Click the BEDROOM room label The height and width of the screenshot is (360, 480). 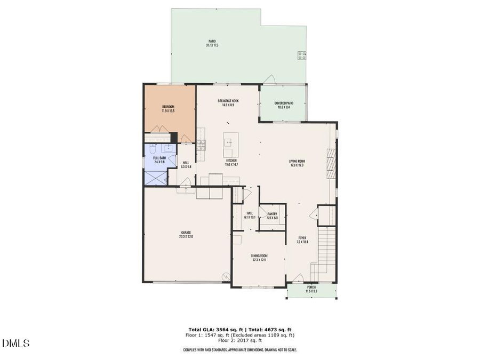[168, 107]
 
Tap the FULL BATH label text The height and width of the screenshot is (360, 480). [159, 158]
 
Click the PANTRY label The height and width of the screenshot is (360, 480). [272, 214]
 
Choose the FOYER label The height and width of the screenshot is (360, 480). [302, 238]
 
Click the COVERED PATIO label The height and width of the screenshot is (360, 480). [284, 103]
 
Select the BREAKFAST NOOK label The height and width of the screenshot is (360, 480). [228, 101]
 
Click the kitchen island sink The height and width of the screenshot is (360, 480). [228, 142]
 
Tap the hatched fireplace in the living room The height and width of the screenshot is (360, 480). [331, 163]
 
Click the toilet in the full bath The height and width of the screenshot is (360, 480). [153, 148]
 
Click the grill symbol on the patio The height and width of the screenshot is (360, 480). [301, 53]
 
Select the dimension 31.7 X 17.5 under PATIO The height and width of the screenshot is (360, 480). [212, 45]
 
